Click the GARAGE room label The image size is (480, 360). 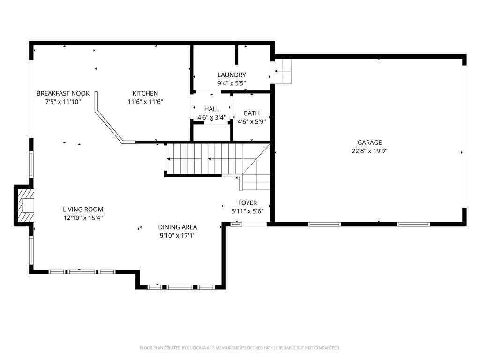369,142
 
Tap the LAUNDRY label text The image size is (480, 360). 232,75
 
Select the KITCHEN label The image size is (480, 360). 145,93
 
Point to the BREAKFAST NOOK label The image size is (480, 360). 63,93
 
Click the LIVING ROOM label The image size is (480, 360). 83,210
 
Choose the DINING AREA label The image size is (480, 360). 178,227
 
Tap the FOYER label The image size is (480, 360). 247,202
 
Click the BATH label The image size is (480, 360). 252,113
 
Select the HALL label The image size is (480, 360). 211,109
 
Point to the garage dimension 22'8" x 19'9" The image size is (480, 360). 369,151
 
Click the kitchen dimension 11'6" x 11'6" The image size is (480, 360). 145,102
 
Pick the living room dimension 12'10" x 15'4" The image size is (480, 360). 83,218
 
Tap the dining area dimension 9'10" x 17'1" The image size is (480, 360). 178,236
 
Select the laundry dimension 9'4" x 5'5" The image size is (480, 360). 232,83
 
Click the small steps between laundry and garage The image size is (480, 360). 281,71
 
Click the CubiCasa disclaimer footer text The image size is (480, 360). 240,348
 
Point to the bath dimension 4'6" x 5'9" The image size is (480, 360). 252,122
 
